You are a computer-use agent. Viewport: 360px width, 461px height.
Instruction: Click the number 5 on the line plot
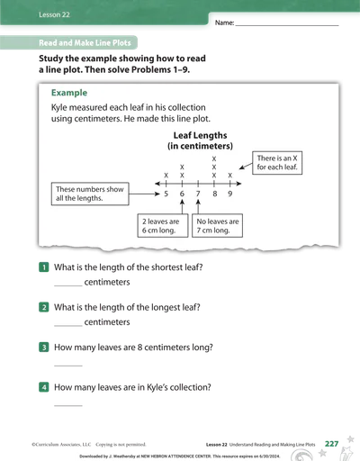point(166,194)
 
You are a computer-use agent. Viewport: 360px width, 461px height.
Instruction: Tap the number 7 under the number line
point(198,194)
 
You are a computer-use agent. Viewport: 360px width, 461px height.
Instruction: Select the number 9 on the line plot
point(230,194)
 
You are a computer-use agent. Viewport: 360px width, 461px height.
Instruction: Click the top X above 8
point(214,158)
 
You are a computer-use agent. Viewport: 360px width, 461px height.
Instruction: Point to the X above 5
point(166,176)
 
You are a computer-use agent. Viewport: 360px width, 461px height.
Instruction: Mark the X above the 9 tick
point(230,176)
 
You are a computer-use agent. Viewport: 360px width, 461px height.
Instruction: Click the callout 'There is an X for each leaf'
point(277,163)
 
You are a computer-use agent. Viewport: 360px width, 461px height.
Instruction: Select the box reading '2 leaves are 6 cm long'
point(163,226)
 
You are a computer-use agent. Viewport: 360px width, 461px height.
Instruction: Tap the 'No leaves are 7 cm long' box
point(217,226)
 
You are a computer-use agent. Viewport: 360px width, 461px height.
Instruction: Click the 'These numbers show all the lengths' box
point(90,194)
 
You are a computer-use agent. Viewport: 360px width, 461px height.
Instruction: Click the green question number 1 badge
point(44,267)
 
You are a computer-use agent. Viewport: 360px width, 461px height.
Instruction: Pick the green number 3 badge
point(44,348)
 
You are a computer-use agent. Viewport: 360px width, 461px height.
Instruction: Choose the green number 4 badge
point(44,387)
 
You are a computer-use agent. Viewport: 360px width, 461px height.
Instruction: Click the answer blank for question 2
point(68,326)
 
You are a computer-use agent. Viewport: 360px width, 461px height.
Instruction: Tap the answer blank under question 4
point(68,405)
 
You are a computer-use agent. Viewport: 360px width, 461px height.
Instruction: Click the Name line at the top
point(287,26)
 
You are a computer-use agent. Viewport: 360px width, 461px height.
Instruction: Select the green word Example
point(69,93)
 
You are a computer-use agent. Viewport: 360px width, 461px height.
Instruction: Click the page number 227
point(331,444)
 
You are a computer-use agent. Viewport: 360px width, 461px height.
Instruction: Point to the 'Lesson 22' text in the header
point(54,14)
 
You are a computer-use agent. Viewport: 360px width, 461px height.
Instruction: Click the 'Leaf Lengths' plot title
point(200,135)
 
